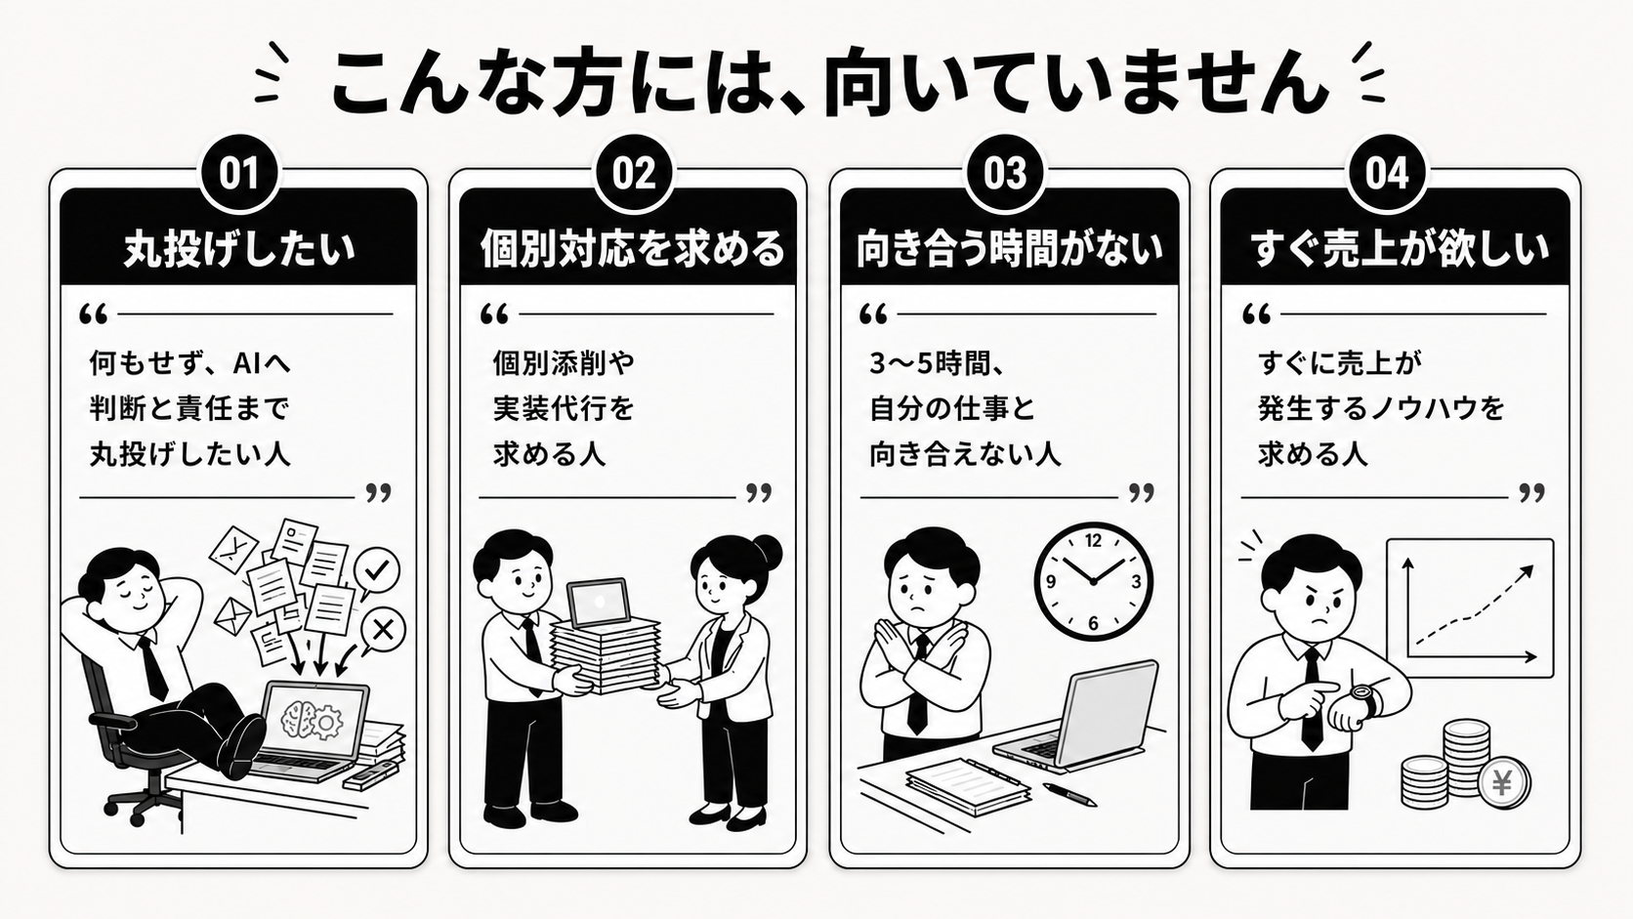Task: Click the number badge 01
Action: pyautogui.click(x=239, y=174)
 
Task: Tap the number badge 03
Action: pyautogui.click(x=1005, y=174)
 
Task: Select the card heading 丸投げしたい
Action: pyautogui.click(x=239, y=248)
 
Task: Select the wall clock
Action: pyautogui.click(x=1093, y=581)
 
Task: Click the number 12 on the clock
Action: pyautogui.click(x=1093, y=541)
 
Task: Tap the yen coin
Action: pyautogui.click(x=1503, y=783)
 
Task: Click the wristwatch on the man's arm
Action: pyautogui.click(x=1363, y=699)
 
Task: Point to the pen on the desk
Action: pyautogui.click(x=1069, y=794)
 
